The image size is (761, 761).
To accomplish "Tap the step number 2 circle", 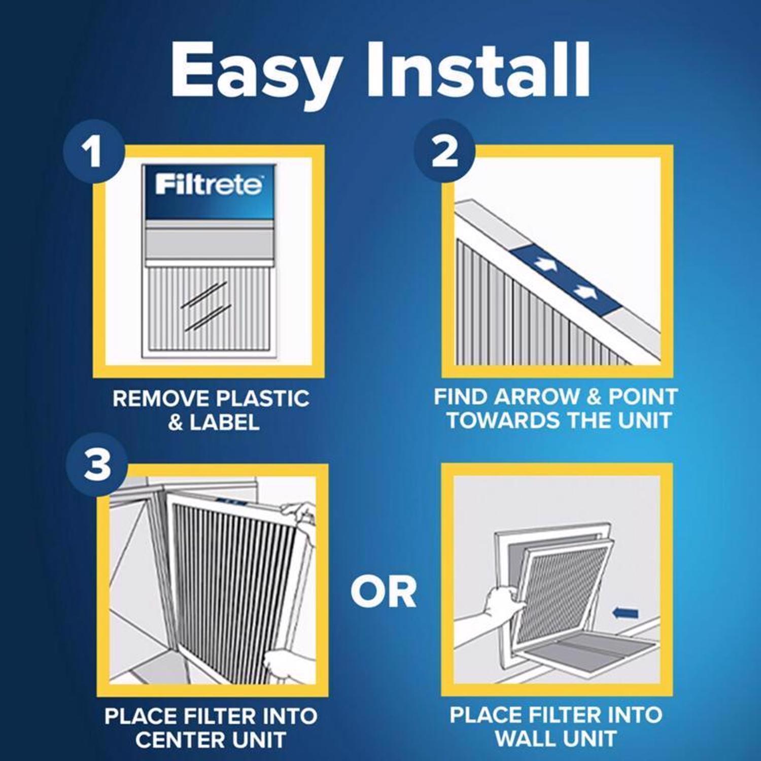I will click(x=444, y=151).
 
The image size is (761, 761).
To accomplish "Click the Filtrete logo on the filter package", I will click(x=209, y=185).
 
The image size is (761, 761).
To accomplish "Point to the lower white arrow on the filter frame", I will click(x=584, y=292).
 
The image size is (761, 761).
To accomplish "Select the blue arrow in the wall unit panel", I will click(x=625, y=613).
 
